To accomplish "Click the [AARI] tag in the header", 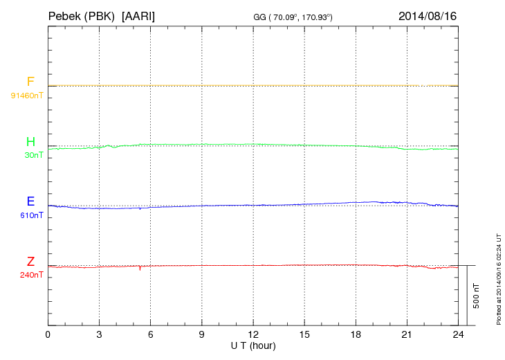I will (138, 15).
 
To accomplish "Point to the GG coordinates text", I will (293, 17).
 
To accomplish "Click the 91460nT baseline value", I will (26, 95).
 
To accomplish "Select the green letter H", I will (30, 142).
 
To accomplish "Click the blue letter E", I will (30, 201).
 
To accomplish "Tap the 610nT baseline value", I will (32, 215).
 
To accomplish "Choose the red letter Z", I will (30, 262).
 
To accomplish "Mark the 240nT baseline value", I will (32, 275).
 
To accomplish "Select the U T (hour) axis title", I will (253, 345).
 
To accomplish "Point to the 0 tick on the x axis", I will (48, 334).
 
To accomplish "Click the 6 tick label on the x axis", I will (151, 334).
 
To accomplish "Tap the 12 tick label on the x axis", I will (253, 334).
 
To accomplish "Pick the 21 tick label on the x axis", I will (407, 334).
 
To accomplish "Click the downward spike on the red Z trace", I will (140, 269).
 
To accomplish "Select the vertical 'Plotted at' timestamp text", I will (498, 277).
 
